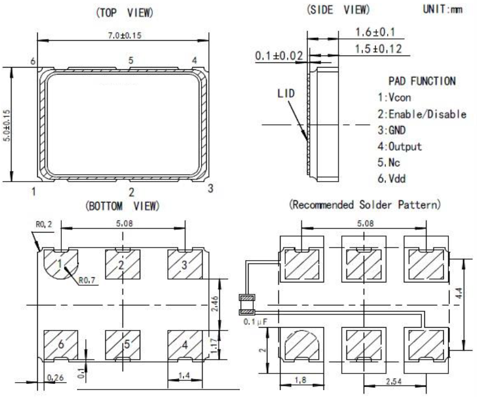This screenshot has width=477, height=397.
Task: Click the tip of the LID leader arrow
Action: [x=307, y=141]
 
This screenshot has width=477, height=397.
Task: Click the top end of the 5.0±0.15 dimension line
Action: [x=11, y=68]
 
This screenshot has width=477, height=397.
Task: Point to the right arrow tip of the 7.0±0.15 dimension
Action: [x=208, y=41]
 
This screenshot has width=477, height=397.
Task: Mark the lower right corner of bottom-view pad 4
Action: [x=202, y=359]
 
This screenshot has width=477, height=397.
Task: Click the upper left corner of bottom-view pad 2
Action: [x=105, y=250]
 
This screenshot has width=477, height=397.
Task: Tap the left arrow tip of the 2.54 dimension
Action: [x=364, y=386]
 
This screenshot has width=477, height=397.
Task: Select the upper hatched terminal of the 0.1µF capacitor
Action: [x=247, y=297]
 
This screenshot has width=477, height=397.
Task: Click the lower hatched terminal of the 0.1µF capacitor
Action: [x=247, y=312]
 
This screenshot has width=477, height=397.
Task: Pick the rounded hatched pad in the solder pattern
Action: [x=301, y=345]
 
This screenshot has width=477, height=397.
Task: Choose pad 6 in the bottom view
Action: [x=61, y=345]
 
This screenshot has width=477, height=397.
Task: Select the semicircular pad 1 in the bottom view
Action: [x=61, y=264]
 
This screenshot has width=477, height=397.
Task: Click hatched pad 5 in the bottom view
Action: [x=123, y=345]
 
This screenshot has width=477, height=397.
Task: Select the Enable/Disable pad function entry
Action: [x=421, y=114]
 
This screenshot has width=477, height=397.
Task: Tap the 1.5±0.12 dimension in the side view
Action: [x=379, y=49]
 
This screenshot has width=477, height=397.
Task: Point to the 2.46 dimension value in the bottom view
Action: [x=215, y=304]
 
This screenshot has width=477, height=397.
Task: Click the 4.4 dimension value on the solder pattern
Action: [x=459, y=293]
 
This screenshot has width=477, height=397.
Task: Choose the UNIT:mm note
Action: [x=443, y=9]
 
